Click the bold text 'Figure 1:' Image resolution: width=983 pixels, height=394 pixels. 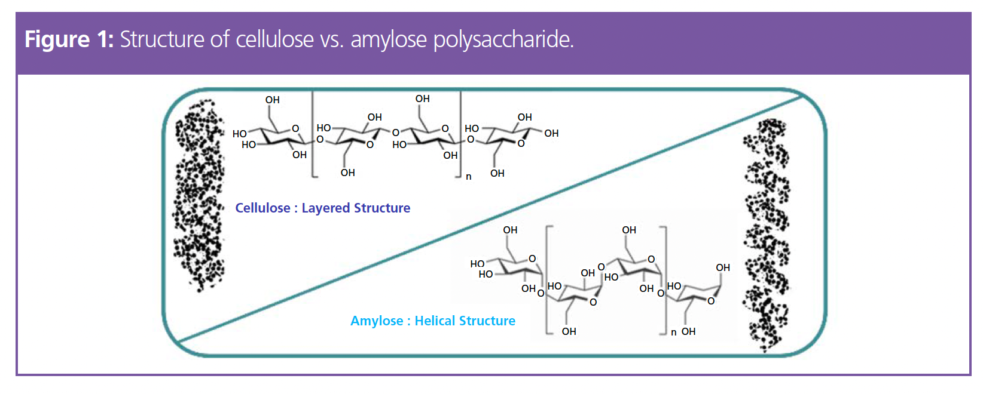69,39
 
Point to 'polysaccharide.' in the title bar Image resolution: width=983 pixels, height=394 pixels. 503,39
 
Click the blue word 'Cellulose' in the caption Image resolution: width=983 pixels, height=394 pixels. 262,208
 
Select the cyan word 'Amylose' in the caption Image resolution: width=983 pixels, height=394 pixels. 377,321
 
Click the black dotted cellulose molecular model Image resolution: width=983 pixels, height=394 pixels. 199,194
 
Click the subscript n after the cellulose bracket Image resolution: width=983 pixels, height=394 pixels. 469,177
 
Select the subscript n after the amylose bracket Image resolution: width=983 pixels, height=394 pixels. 674,333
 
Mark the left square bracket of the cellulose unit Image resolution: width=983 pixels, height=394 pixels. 313,134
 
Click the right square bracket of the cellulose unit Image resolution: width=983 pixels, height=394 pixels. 460,134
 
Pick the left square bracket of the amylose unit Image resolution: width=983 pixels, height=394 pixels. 547,281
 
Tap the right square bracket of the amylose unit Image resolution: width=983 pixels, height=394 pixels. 665,281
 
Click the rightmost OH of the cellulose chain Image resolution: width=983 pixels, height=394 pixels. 551,133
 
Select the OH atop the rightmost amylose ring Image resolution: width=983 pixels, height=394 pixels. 723,267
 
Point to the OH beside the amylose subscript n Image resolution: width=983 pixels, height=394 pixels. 689,331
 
